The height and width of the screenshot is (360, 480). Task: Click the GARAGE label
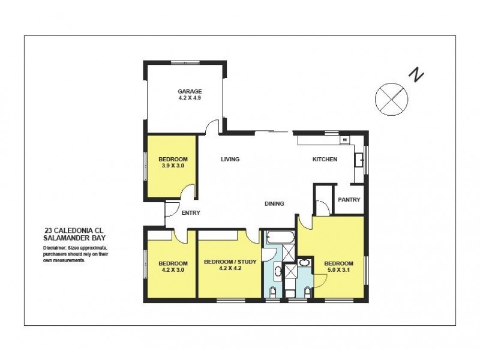pos(185,91)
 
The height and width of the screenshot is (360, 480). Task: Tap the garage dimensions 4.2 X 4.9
pos(185,98)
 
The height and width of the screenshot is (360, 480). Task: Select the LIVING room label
pos(230,159)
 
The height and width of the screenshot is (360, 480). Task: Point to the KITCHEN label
pos(325,159)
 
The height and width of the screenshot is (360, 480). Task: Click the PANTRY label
pos(349,200)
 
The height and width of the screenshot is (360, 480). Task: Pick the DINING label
pos(274,204)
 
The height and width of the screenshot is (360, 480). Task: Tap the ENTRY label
pos(190,212)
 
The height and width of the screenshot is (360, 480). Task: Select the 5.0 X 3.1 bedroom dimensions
pos(339,271)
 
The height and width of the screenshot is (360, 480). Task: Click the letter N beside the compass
pos(416,74)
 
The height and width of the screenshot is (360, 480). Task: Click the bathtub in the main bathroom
pos(278,238)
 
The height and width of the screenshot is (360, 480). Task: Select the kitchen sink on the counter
pos(360,160)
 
